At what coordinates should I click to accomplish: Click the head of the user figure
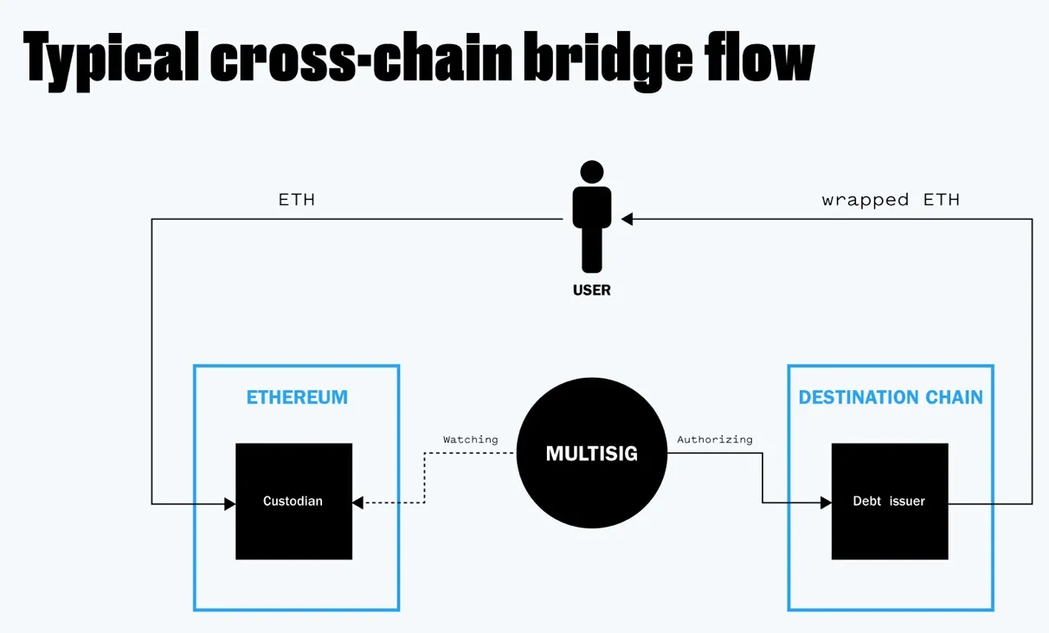coord(592,172)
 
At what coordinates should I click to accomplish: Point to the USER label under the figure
coord(592,291)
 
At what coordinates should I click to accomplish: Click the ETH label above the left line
coord(296,200)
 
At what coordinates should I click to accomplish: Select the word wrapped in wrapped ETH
coord(865,200)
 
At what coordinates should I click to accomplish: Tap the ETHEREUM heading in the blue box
coord(297,398)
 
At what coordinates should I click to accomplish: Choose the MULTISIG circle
coord(592,453)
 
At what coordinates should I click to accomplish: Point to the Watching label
coord(470,439)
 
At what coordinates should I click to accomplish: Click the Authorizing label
coord(715,439)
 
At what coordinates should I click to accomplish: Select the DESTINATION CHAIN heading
coord(891,398)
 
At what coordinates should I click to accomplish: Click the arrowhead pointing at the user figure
coord(627,220)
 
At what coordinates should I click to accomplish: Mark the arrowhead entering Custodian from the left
coord(229,503)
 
